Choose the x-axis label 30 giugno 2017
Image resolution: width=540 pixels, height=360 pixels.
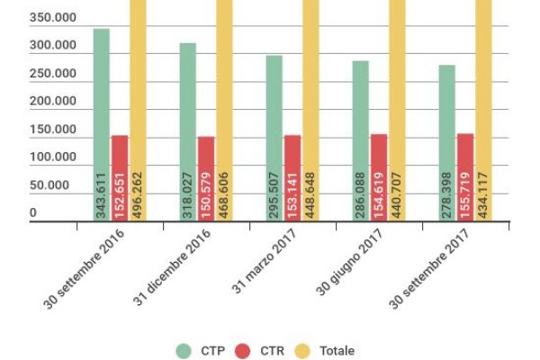tap(352, 265)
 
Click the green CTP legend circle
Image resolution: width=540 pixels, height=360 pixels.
tap(184, 351)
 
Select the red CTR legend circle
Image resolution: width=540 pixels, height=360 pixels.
tap(242, 351)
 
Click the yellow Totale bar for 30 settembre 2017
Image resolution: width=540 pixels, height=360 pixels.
tap(483, 90)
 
